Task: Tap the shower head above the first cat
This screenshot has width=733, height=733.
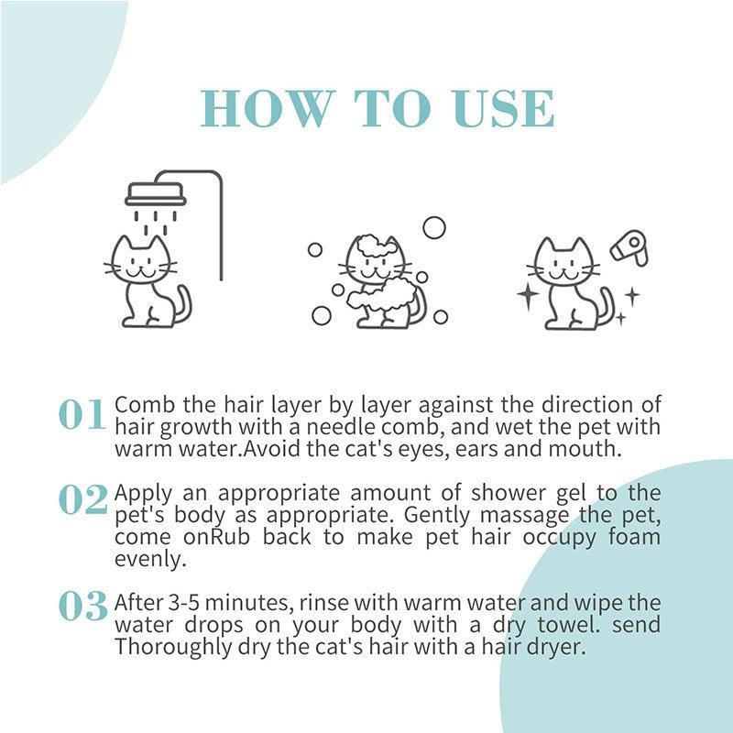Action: point(155,194)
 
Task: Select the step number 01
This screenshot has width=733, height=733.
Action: point(82,416)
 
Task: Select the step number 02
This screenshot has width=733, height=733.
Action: point(83,500)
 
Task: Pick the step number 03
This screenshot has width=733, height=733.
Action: point(83,606)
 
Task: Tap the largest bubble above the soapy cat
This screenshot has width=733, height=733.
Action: point(433,226)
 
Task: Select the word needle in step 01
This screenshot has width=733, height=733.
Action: point(329,428)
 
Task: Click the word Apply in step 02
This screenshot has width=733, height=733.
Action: point(138,492)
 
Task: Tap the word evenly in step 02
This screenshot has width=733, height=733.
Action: point(142,558)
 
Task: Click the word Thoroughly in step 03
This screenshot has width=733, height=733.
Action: point(165,646)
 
